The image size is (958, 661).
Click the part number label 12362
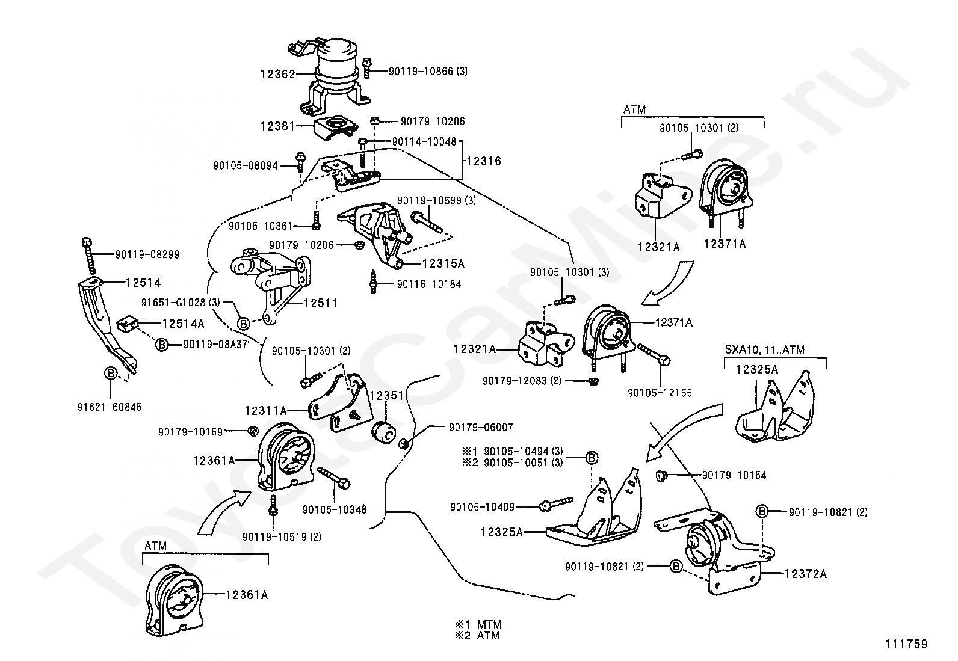(278, 75)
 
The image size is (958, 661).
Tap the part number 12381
(278, 126)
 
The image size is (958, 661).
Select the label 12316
(484, 161)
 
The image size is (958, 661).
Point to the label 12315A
(443, 264)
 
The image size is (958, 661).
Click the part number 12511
(321, 303)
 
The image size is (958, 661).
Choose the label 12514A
(184, 324)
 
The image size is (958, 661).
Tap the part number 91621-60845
(110, 407)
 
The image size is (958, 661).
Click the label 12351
(387, 396)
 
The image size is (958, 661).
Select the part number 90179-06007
(481, 427)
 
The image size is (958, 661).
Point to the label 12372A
(805, 574)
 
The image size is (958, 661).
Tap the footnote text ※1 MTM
(478, 624)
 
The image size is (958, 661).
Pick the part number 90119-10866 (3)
(428, 72)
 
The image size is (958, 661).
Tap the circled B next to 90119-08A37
(161, 345)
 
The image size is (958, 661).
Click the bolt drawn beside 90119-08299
(88, 256)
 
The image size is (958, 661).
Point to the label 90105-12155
(660, 393)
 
